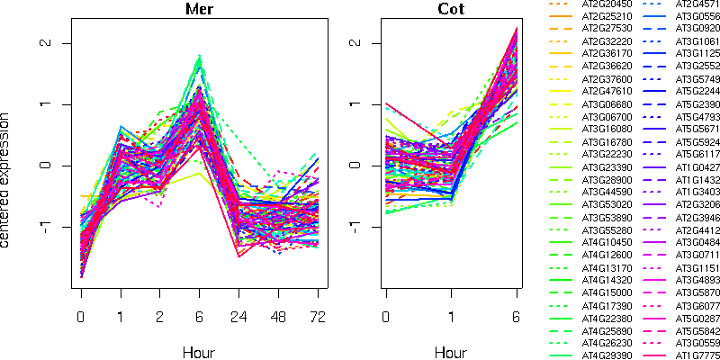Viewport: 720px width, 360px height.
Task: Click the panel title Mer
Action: [200, 10]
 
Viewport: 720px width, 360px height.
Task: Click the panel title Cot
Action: [452, 10]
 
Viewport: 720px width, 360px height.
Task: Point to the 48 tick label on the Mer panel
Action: [278, 318]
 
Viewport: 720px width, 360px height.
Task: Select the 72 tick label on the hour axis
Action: [318, 318]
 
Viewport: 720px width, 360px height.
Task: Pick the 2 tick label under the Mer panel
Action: [160, 318]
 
